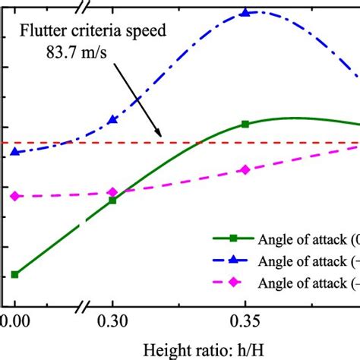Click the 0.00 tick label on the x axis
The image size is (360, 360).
pyautogui.click(x=14, y=321)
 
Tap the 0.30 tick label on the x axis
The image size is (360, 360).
pyautogui.click(x=112, y=321)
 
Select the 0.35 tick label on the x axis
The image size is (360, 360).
pyautogui.click(x=245, y=321)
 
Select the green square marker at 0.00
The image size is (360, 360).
pyautogui.click(x=14, y=274)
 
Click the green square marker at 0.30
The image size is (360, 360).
pyautogui.click(x=112, y=201)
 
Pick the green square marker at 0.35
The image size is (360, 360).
pyautogui.click(x=245, y=124)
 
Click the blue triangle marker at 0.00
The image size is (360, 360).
pyautogui.click(x=14, y=152)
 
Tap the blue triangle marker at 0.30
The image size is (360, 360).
pyautogui.click(x=112, y=119)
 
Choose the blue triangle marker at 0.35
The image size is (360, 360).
pyautogui.click(x=245, y=12)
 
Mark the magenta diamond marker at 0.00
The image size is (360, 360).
pyautogui.click(x=14, y=196)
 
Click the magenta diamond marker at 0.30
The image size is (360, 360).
pyautogui.click(x=112, y=193)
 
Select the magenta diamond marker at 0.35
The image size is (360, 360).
pyautogui.click(x=245, y=169)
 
